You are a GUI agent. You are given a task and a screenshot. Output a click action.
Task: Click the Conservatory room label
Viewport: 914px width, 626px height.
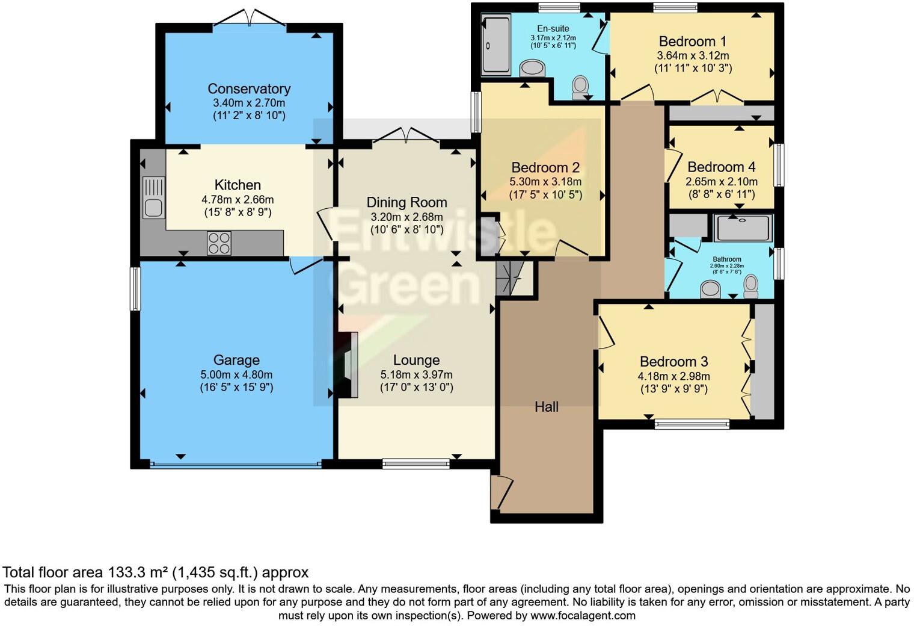pyautogui.click(x=249, y=88)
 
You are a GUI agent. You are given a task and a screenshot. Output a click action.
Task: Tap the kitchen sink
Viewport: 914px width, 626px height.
pyautogui.click(x=153, y=197)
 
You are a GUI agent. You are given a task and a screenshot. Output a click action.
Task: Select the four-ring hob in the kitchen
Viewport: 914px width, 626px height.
pyautogui.click(x=219, y=243)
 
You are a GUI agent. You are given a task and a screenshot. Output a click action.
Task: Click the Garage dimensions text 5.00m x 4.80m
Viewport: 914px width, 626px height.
pyautogui.click(x=236, y=374)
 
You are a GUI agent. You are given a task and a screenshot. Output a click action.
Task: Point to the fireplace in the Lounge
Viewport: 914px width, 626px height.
pyautogui.click(x=349, y=365)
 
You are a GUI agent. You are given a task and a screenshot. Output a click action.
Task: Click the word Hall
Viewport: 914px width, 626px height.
pyautogui.click(x=547, y=407)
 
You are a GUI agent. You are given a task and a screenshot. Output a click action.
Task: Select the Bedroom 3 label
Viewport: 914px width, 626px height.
pyautogui.click(x=673, y=362)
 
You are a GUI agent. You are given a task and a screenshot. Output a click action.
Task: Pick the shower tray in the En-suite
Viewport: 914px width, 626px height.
pyautogui.click(x=495, y=45)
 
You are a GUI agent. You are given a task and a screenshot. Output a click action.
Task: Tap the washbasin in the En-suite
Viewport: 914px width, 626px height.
pyautogui.click(x=532, y=67)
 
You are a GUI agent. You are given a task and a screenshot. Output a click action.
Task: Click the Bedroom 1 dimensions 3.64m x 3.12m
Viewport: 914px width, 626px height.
pyautogui.click(x=693, y=55)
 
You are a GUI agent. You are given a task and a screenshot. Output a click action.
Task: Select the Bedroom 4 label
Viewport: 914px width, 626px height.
pyautogui.click(x=721, y=167)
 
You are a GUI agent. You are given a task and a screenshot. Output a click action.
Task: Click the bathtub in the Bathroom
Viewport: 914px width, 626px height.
pyautogui.click(x=743, y=228)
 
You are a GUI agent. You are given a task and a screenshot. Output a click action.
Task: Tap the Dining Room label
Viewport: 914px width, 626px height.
pyautogui.click(x=406, y=202)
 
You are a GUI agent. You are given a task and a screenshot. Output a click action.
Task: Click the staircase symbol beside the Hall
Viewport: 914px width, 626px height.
pyautogui.click(x=508, y=277)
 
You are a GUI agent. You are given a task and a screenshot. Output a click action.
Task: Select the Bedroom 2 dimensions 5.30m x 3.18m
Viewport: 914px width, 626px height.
pyautogui.click(x=545, y=182)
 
